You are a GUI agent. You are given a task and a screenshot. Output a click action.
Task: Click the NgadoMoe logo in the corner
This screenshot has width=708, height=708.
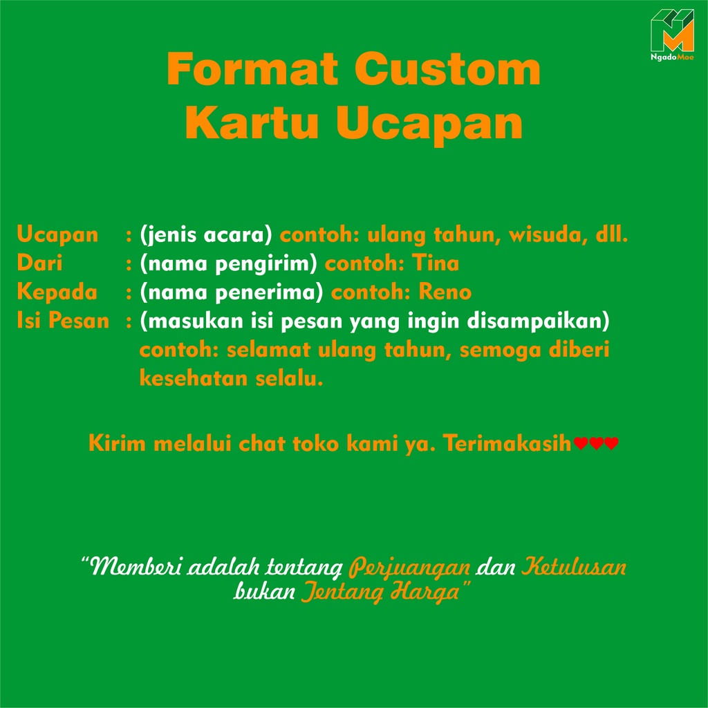(x=672, y=35)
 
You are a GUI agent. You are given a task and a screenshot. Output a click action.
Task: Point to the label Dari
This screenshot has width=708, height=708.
(x=39, y=263)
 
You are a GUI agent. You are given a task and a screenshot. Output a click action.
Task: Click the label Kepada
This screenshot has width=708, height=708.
(x=57, y=292)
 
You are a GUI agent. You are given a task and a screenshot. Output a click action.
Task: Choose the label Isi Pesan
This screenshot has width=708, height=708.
(x=63, y=320)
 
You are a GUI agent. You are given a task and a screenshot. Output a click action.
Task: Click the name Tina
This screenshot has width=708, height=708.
(x=436, y=263)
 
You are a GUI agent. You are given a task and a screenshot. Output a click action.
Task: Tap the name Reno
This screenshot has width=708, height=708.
(x=445, y=292)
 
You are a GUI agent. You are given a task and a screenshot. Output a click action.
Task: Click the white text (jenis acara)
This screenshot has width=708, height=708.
(x=206, y=235)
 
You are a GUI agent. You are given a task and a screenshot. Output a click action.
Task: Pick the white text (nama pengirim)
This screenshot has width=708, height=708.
(x=228, y=263)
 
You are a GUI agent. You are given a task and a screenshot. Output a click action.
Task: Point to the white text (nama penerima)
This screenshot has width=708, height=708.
(x=231, y=292)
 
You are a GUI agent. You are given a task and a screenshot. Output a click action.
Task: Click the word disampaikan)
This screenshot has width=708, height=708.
(x=538, y=321)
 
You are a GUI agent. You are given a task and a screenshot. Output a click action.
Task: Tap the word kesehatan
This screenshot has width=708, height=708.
(x=194, y=378)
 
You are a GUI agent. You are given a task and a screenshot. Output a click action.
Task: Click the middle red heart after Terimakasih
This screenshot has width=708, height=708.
(x=596, y=443)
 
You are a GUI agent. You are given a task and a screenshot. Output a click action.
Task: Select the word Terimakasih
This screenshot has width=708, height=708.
(x=507, y=443)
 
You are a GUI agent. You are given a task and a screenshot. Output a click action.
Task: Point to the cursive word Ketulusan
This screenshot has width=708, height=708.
(x=574, y=566)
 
